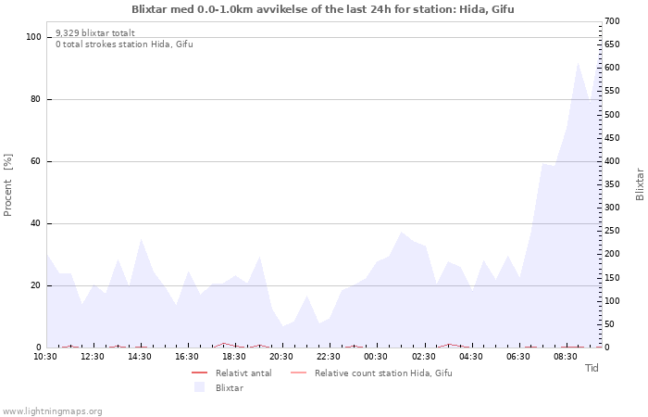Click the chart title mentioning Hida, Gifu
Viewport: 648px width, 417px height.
[x=323, y=9]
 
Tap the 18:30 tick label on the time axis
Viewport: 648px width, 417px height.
[x=234, y=357]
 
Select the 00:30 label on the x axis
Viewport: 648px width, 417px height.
[x=376, y=357]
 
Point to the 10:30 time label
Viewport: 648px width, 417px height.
[x=45, y=357]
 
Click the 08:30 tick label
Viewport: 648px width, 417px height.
[x=566, y=357]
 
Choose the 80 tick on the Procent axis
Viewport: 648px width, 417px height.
[x=35, y=99]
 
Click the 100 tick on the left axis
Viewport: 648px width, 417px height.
[x=33, y=37]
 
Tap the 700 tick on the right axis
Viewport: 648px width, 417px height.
[x=612, y=21]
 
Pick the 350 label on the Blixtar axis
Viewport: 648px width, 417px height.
[x=612, y=184]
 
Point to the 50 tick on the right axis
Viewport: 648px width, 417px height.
[x=609, y=324]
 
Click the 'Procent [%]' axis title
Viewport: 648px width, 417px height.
[x=7, y=185]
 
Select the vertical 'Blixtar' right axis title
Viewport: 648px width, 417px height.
[x=640, y=184]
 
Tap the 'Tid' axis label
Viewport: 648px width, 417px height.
[x=592, y=368]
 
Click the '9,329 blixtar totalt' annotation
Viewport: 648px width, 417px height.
[x=95, y=32]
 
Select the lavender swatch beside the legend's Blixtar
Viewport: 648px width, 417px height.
[x=200, y=387]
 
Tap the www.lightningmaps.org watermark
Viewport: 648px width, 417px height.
[x=51, y=411]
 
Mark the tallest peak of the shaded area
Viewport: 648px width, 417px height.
[x=578, y=63]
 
